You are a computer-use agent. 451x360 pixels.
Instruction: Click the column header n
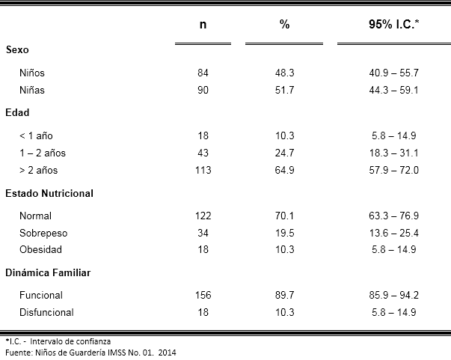click(203, 25)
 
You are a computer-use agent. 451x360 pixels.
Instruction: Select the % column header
click(284, 24)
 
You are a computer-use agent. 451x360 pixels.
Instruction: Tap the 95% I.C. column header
click(393, 24)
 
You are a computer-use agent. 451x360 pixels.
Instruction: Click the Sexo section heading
click(17, 50)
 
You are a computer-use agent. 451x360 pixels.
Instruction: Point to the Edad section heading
click(17, 112)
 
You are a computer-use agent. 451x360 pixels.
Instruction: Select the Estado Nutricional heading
click(49, 193)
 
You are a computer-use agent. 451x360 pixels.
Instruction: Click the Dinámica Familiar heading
click(48, 272)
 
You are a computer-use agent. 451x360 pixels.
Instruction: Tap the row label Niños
click(32, 73)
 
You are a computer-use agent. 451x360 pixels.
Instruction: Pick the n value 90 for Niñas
click(203, 90)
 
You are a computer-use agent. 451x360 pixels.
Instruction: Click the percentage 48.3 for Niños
click(284, 73)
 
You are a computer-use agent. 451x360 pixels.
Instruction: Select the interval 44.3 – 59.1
click(393, 90)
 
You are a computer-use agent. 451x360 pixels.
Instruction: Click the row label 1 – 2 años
click(43, 153)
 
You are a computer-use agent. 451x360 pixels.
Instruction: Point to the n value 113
click(203, 170)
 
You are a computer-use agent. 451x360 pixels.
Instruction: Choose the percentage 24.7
click(284, 153)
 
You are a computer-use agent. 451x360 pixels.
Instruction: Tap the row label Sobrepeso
click(43, 233)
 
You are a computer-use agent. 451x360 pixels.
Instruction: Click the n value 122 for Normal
click(203, 216)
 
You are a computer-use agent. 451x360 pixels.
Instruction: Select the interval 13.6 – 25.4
click(393, 233)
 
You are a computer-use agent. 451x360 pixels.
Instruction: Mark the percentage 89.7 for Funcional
click(284, 295)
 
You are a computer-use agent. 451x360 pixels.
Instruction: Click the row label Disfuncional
click(46, 313)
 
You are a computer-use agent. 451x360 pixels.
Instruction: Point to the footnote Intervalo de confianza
click(70, 341)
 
